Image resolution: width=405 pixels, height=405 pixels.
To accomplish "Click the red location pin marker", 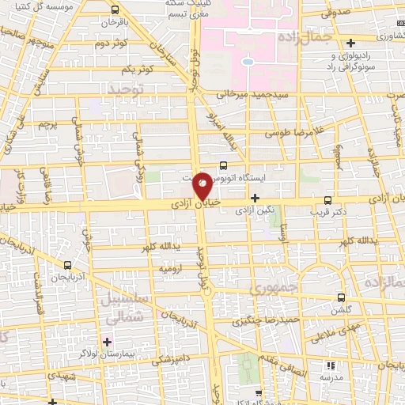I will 202,186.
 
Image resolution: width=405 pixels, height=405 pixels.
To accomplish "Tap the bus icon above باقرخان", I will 115,10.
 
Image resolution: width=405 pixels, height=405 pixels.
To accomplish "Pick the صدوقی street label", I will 335,13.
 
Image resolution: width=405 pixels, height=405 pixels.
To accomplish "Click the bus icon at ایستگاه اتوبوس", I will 223,165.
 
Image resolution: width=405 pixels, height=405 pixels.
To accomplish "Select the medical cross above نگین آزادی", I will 255,199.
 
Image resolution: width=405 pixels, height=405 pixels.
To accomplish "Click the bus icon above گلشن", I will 341,297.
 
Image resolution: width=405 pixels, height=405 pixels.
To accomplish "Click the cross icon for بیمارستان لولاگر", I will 108,342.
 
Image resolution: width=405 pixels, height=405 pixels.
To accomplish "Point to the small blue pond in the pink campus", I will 248,61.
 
